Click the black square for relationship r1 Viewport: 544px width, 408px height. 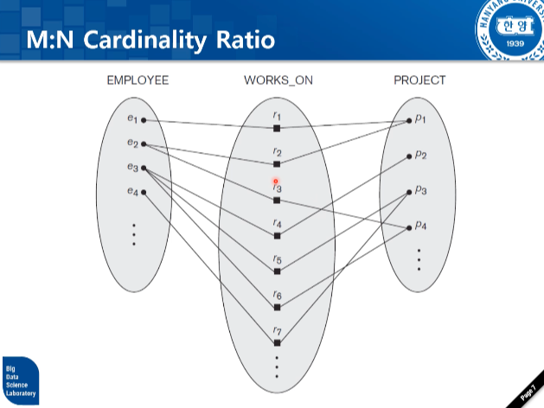pos(277,128)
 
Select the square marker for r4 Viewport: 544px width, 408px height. pos(277,236)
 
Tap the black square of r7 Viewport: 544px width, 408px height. pos(277,343)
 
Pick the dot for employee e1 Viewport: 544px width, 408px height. pos(144,120)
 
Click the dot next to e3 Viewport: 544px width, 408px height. pos(144,168)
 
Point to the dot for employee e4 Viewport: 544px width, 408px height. pos(144,193)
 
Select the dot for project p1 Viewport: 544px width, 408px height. pos(409,120)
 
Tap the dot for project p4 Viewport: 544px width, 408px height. pos(409,228)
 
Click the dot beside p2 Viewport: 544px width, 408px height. pos(409,156)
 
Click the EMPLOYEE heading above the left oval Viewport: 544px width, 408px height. pos(138,80)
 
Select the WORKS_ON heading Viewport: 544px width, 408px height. pos(278,80)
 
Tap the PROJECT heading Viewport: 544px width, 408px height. pos(419,80)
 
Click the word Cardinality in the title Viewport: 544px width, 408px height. pos(148,40)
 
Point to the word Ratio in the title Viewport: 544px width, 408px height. pos(246,40)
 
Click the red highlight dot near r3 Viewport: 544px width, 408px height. pos(276,181)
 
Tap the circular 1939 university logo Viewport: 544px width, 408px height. pos(508,31)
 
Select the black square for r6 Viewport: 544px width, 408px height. pos(277,307)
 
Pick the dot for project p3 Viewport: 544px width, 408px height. pos(409,192)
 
